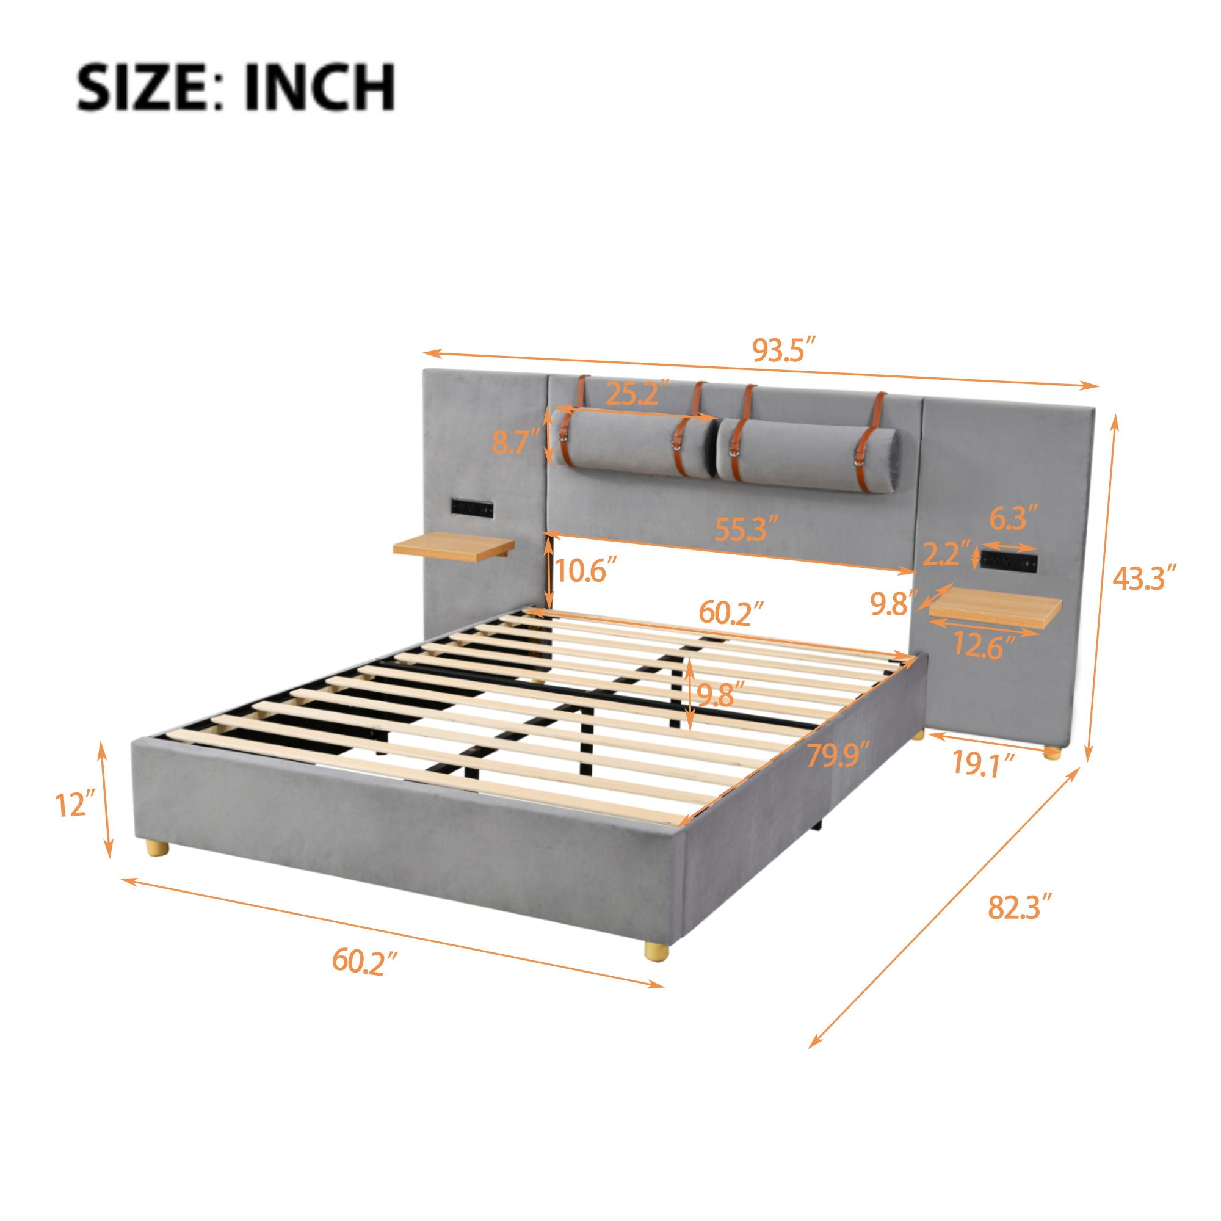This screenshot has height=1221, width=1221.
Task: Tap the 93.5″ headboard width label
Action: [x=785, y=349]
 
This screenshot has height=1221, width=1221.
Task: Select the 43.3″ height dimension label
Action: [x=1145, y=578]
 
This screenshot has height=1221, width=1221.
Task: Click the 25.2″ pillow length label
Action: [x=637, y=394]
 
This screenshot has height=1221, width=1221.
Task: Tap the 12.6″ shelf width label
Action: [x=984, y=647]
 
